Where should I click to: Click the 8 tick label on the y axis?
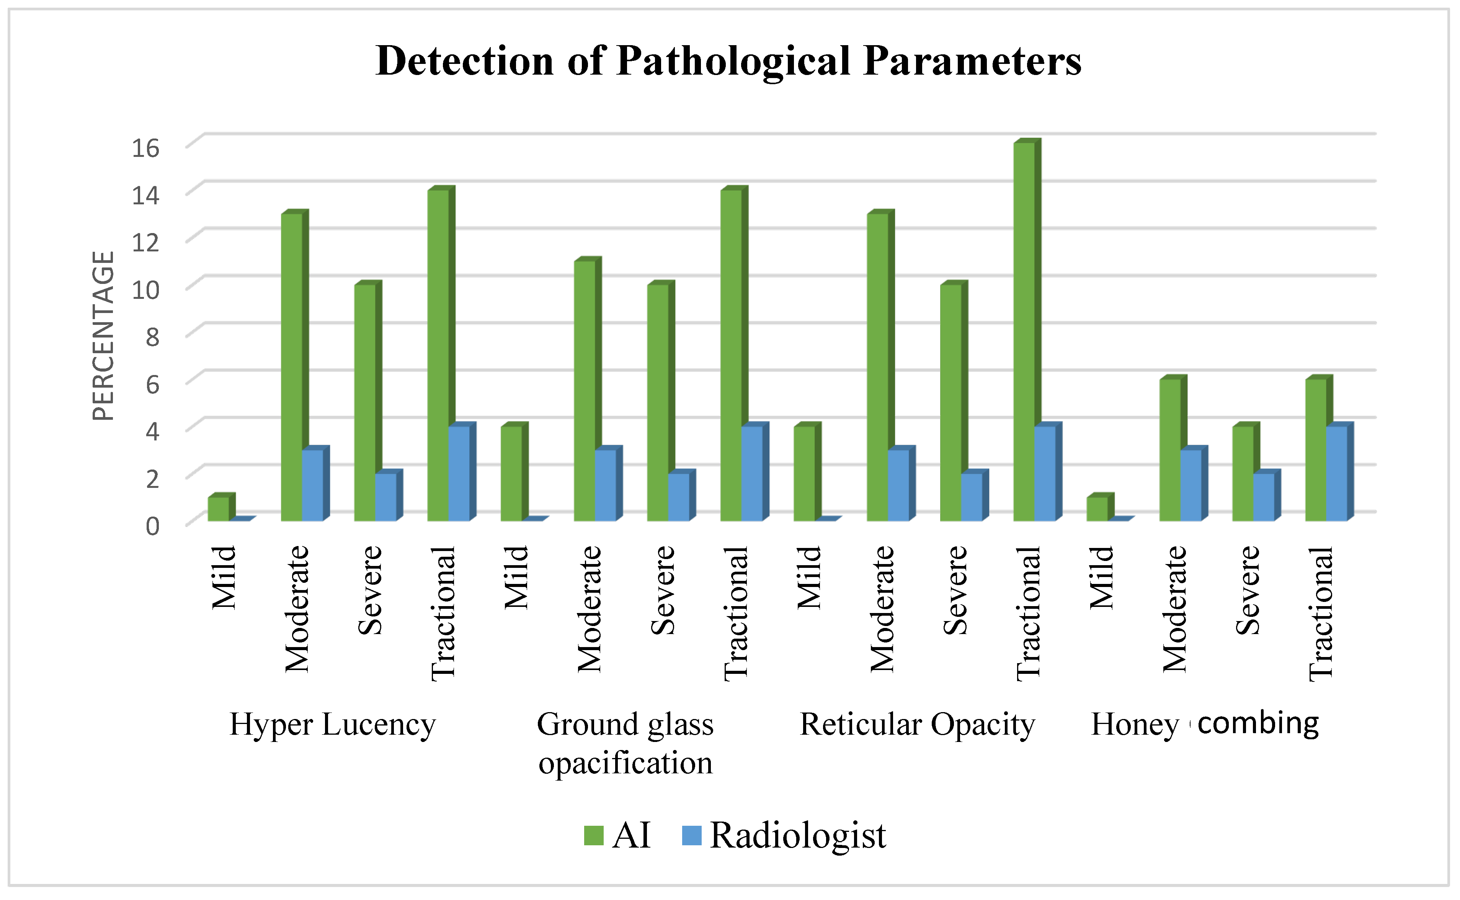click(152, 337)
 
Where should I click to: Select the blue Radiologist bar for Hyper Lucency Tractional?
click(459, 473)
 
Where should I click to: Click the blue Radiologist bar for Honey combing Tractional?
click(1337, 473)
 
